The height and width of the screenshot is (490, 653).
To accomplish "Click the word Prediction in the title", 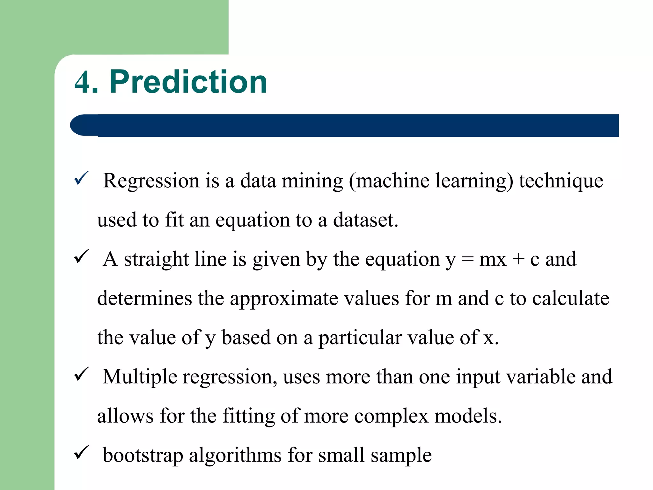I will coord(188,82).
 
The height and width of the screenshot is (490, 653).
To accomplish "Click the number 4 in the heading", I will coord(82,82).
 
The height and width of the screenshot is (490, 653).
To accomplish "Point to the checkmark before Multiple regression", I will coord(81,374).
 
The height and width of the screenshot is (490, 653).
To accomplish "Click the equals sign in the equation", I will coord(467,259).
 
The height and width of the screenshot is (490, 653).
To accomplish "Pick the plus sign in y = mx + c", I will coord(518,259).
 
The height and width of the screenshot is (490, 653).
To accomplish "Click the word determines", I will coord(144,299).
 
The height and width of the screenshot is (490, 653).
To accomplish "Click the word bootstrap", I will coord(143,456).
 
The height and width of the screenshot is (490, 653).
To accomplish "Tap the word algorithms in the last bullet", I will coord(235,456).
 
